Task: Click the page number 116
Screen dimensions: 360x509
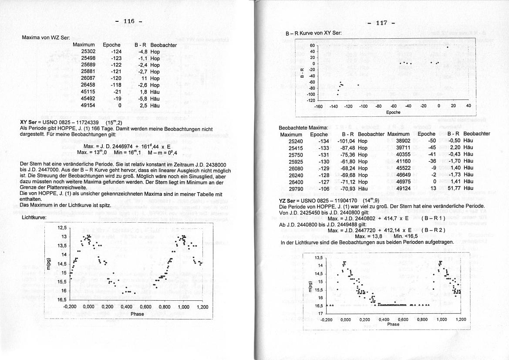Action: [x=129, y=21]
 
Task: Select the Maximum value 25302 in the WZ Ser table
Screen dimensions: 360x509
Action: [x=88, y=51]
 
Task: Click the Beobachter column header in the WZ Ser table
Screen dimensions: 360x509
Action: [x=163, y=45]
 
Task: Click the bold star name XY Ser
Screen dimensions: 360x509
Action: [x=28, y=122]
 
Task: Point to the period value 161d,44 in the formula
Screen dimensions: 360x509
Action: [x=148, y=146]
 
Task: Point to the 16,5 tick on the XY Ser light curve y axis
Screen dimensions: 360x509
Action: [x=61, y=300]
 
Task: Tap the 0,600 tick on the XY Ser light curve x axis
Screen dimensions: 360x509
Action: [x=145, y=307]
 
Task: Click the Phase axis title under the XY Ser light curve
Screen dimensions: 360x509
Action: [x=137, y=314]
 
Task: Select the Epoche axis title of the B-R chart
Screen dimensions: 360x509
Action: [x=393, y=112]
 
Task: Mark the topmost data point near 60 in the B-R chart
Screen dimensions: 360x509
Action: [x=447, y=47]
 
